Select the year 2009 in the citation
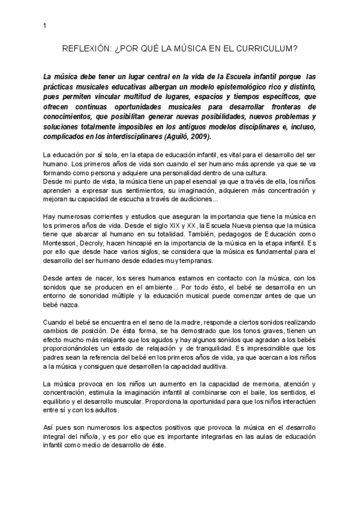[198, 136]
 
